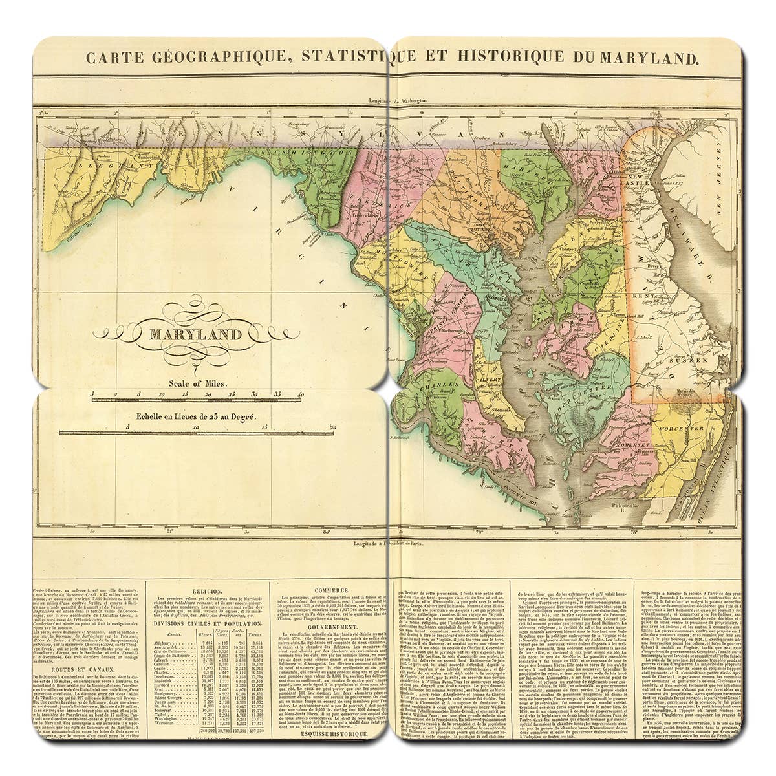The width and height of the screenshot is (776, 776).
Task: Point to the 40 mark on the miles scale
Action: (x=300, y=394)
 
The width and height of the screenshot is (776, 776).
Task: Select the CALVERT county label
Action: (x=490, y=377)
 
